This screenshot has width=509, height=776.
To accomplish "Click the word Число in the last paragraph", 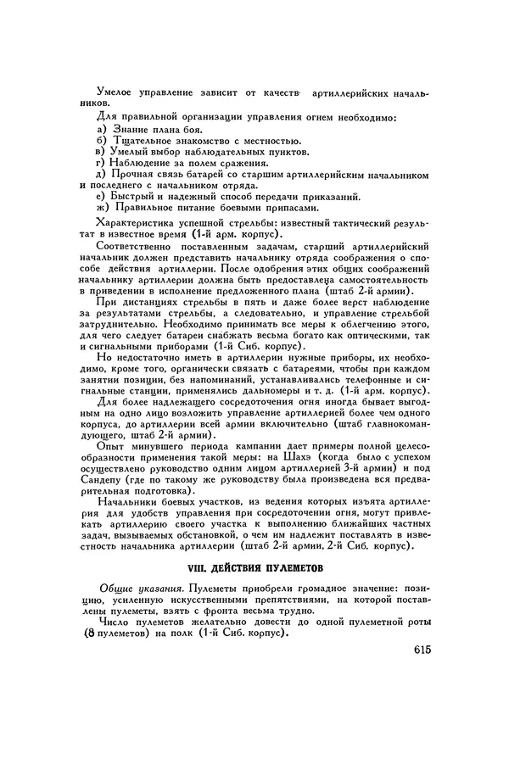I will (115, 625).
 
